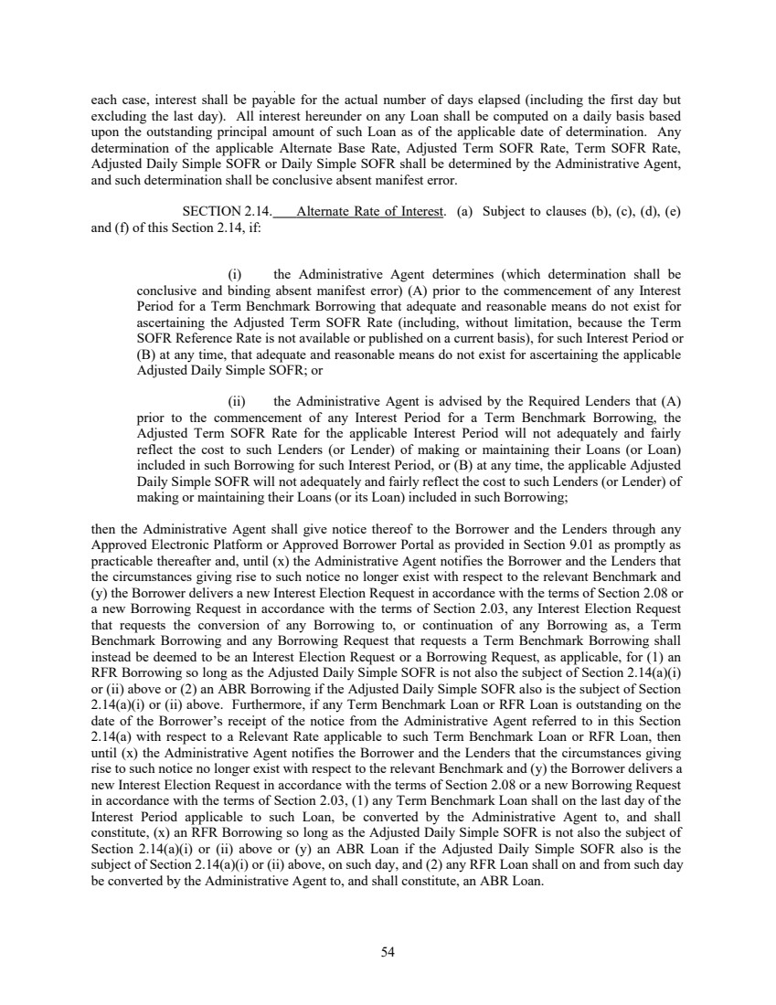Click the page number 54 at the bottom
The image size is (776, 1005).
(388, 952)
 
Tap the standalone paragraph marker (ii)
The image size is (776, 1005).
(235, 399)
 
